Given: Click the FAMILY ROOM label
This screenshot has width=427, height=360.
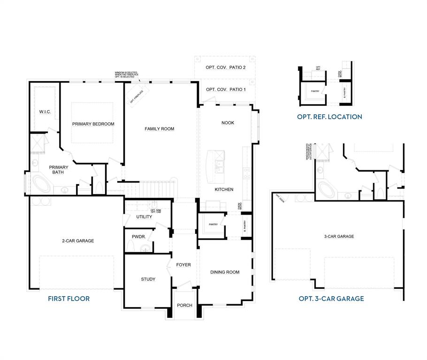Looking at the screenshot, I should click(x=160, y=129).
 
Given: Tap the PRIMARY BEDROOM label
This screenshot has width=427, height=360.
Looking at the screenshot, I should click(x=93, y=124).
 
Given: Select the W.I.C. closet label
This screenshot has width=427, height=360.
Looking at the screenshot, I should click(x=45, y=112).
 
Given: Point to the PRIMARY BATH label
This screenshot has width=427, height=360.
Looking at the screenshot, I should click(x=59, y=170).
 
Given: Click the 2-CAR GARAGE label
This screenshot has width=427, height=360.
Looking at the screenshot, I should click(x=78, y=241).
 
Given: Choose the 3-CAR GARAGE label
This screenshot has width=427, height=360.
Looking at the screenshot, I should click(x=339, y=237).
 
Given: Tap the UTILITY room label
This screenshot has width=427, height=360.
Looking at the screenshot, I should click(x=144, y=217).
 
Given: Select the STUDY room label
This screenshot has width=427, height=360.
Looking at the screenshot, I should click(x=148, y=279).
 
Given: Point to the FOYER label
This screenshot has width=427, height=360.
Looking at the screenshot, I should click(x=183, y=265).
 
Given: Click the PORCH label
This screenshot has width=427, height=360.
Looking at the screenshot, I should click(x=184, y=306).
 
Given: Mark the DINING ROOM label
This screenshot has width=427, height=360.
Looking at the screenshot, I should click(x=225, y=272).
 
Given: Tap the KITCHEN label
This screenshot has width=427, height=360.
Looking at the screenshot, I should click(x=224, y=190).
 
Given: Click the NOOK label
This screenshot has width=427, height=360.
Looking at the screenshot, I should click(x=228, y=123).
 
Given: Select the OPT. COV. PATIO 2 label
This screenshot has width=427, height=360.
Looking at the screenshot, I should click(x=225, y=67).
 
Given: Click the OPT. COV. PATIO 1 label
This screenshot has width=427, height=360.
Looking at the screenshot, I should click(x=225, y=90).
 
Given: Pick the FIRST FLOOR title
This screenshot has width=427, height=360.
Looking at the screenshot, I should click(x=69, y=299).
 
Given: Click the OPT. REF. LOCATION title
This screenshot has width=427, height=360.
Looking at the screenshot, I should click(x=329, y=117).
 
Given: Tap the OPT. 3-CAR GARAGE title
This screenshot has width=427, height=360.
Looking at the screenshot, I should click(x=331, y=299).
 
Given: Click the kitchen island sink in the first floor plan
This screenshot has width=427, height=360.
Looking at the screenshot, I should click(x=219, y=165).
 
